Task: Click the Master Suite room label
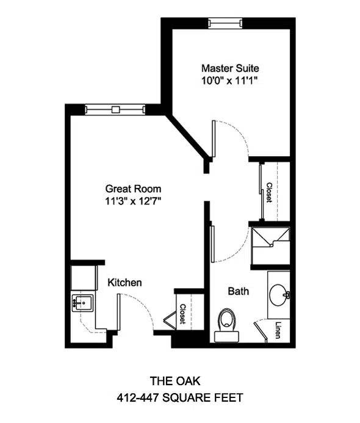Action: point(230,68)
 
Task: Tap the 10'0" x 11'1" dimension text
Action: point(229,81)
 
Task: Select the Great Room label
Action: point(133,189)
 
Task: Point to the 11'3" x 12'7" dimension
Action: point(133,201)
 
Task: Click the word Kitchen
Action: point(124,283)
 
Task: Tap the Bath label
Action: point(239,291)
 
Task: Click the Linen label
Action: point(278,330)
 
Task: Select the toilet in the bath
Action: point(226,325)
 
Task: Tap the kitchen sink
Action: point(83,303)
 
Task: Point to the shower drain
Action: point(271,245)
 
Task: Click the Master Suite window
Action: point(225,23)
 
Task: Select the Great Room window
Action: point(115,109)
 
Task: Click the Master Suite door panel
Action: point(214,139)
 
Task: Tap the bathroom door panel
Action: point(212,244)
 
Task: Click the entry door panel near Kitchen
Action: point(118,312)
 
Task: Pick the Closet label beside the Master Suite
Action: point(269,192)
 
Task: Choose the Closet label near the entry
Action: point(182,314)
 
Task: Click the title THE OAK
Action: point(175,381)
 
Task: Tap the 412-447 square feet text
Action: point(180,397)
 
